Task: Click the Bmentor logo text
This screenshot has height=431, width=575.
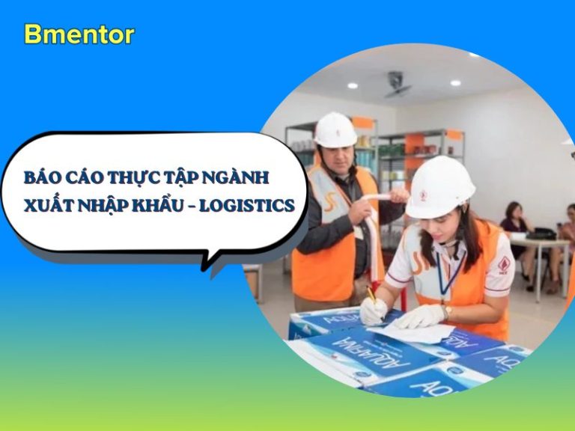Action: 79,35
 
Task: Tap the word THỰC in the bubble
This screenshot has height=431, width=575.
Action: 134,177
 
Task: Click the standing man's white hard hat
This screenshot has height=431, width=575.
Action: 335,129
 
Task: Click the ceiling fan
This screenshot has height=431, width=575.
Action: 396,85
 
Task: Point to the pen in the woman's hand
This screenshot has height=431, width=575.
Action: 371,295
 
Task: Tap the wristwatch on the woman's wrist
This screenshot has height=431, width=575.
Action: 447,312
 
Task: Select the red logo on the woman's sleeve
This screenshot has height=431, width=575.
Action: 505,264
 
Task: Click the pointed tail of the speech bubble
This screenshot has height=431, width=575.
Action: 204,269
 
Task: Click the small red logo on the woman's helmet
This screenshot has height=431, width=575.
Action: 423,196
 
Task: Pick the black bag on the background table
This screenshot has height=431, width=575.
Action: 540,233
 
